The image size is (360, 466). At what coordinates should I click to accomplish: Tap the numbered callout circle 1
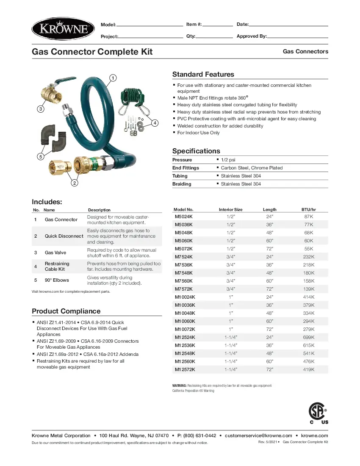(x=113, y=78)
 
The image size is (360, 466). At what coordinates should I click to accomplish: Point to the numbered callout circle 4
(x=155, y=123)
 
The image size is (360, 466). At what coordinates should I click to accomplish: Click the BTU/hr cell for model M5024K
(x=309, y=216)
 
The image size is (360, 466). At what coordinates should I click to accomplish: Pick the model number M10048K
(x=185, y=313)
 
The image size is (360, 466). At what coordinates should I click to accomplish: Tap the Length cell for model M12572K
(x=269, y=369)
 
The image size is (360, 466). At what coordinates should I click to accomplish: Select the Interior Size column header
(x=230, y=210)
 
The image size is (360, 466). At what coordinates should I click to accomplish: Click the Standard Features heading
(x=203, y=75)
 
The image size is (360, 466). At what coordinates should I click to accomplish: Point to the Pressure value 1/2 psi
(x=228, y=160)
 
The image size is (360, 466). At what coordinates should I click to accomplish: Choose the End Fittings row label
(x=186, y=168)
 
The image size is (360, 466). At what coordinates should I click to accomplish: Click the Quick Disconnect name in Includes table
(x=64, y=236)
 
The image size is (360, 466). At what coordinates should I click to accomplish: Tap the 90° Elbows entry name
(x=57, y=280)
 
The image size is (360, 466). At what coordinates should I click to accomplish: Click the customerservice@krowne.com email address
(x=258, y=435)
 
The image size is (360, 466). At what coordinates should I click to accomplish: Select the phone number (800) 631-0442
(x=197, y=435)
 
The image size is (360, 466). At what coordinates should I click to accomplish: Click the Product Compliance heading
(x=66, y=311)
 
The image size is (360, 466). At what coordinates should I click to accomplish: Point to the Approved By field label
(x=252, y=36)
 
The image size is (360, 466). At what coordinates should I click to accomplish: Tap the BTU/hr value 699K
(x=309, y=337)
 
